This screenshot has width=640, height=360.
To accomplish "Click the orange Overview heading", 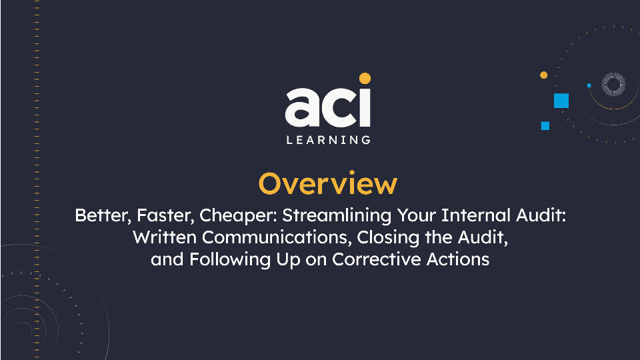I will (327, 183).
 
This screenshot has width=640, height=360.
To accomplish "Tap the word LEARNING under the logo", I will (327, 140).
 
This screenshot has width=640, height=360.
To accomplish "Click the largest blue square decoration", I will (561, 101).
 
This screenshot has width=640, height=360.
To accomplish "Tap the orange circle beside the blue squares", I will (543, 75).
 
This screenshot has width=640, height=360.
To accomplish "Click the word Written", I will (164, 237).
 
